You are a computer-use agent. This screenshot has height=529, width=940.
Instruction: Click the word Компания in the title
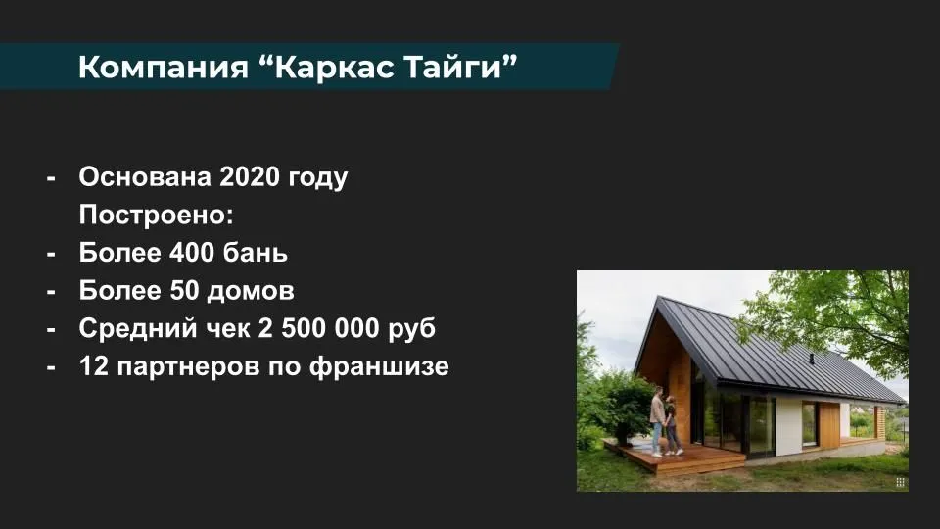coord(164,66)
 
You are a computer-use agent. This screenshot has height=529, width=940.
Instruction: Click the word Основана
coord(145,177)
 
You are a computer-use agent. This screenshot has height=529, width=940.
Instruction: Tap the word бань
coord(256,253)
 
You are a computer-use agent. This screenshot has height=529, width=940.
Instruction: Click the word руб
coord(412,329)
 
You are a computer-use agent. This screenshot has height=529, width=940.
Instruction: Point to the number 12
coord(93,365)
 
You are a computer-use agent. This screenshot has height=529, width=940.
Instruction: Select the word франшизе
coord(379,366)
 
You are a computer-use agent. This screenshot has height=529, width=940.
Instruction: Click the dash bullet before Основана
coord(51,178)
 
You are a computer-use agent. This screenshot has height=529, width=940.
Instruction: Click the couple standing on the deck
coord(666,421)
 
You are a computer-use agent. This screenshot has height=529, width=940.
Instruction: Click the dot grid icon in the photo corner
coord(900,482)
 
